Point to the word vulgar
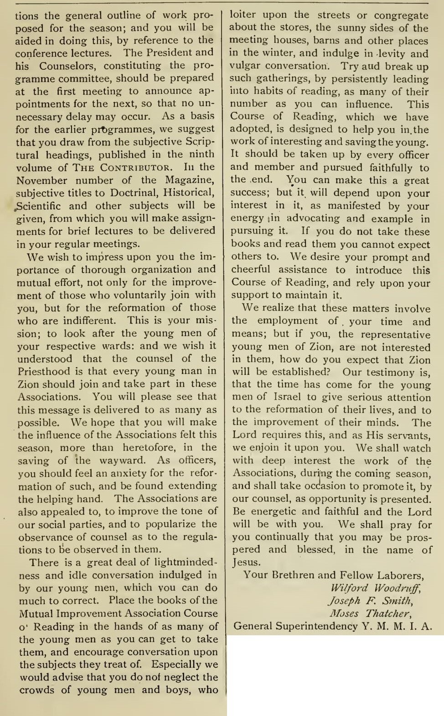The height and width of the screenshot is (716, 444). (244, 66)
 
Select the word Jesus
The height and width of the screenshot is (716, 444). (246, 562)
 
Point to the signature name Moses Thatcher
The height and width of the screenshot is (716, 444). (370, 613)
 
